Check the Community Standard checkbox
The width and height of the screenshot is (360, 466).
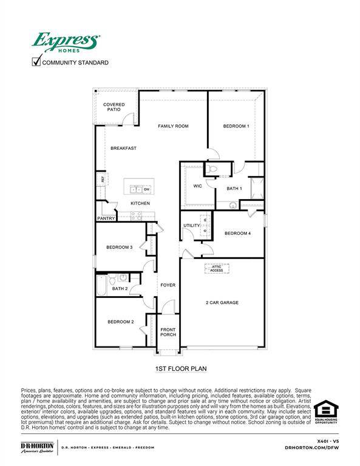36,61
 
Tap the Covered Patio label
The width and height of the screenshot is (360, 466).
114,107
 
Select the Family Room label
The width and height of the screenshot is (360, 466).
173,126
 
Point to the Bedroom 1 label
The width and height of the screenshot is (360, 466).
236,126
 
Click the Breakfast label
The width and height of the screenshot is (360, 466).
123,148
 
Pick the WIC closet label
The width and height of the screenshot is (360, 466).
197,186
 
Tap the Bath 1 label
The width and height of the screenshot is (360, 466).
234,189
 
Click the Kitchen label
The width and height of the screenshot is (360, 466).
140,203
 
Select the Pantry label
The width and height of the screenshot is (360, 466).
106,218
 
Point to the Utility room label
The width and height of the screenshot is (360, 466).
192,226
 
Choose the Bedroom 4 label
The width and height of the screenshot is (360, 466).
237,233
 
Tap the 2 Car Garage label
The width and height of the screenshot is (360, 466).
222,302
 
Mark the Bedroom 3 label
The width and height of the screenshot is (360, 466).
120,247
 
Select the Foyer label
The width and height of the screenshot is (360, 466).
168,285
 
